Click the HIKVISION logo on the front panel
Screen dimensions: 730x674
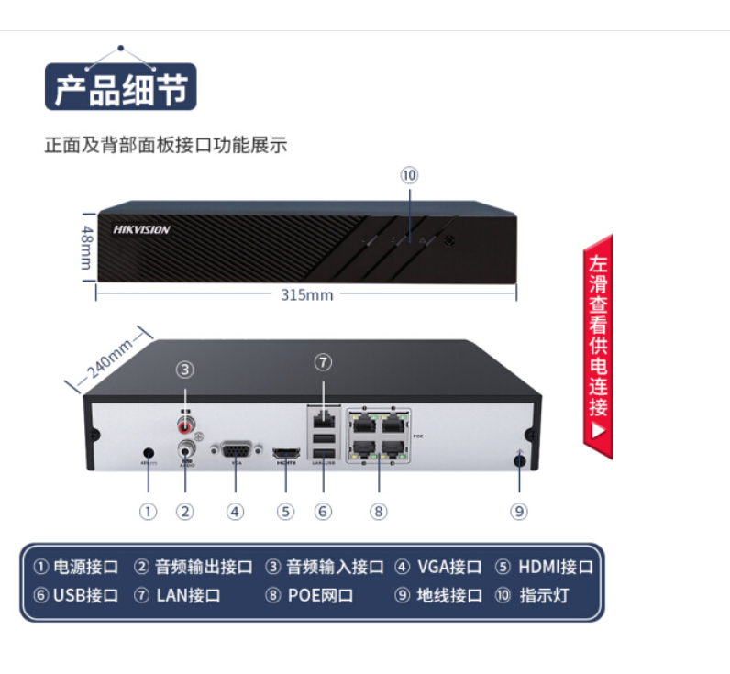(141, 230)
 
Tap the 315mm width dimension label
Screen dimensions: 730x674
(306, 294)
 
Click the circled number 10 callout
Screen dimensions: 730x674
(409, 174)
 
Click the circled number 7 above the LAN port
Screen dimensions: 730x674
(322, 360)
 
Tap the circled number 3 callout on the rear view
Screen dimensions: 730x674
(186, 370)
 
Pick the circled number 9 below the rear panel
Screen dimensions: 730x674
(519, 511)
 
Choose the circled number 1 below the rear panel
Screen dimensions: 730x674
(149, 511)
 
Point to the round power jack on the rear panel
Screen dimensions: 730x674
(149, 452)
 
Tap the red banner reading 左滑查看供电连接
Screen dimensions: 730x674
(598, 346)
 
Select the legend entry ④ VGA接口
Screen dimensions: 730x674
(438, 567)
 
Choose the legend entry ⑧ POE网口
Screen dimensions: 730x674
(309, 595)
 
